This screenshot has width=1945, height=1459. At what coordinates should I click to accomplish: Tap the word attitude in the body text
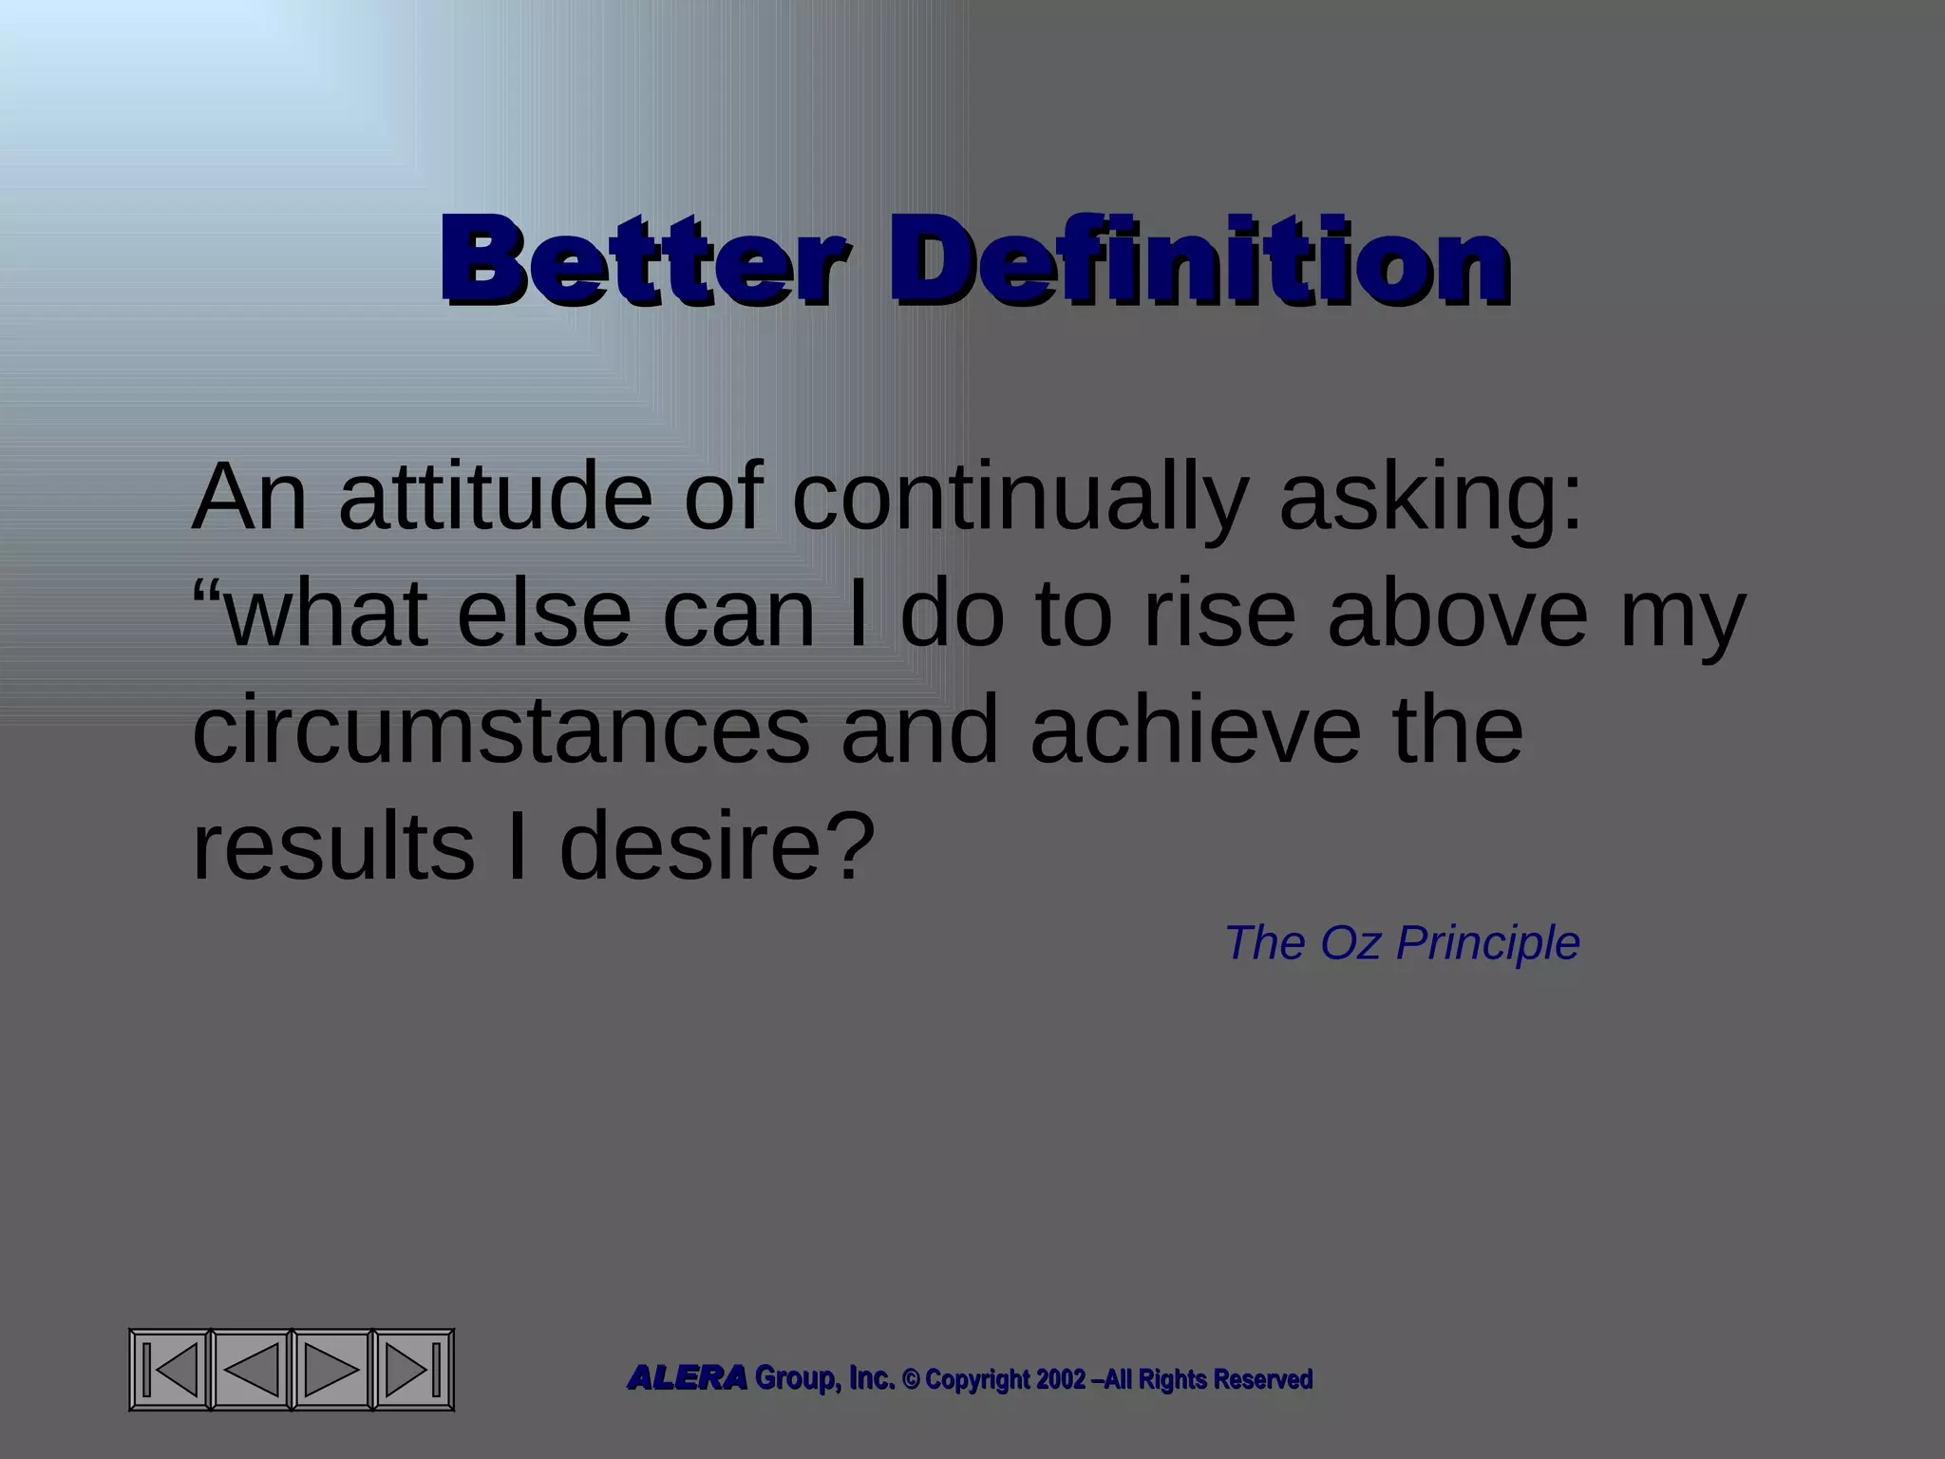[494, 498]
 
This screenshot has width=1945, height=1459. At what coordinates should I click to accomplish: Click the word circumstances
[500, 731]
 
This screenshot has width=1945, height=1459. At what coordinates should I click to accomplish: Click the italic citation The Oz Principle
[1402, 943]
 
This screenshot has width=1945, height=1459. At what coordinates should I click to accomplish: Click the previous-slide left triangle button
[251, 1369]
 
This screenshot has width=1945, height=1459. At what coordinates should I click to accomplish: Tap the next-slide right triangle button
[332, 1369]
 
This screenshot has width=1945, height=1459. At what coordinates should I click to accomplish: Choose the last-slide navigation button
[414, 1369]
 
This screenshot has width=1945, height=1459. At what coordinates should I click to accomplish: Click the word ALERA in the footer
[687, 1378]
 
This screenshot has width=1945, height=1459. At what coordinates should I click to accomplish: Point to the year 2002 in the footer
[1060, 1379]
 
